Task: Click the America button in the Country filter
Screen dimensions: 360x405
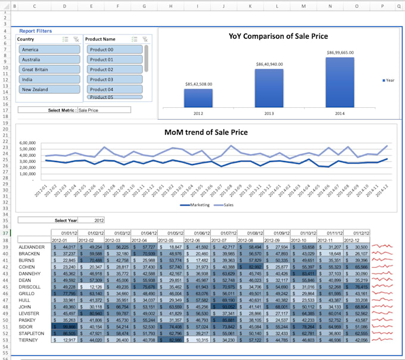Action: tap(49, 49)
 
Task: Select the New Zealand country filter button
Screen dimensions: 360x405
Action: tap(49, 89)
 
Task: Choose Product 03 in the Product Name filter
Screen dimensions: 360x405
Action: tap(114, 79)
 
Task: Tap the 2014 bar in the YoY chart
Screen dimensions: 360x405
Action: tap(339, 82)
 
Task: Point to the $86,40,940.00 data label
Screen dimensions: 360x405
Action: tap(269, 64)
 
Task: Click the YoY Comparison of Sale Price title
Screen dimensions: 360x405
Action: tap(278, 36)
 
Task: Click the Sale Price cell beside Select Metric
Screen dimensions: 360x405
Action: tap(104, 110)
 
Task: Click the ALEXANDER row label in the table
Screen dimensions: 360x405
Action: tap(32, 247)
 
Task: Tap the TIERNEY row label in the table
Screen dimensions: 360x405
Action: tap(29, 340)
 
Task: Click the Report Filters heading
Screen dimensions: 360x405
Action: tap(35, 30)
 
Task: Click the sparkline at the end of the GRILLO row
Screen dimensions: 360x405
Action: tap(383, 293)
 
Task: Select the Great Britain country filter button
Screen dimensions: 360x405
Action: tap(49, 69)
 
